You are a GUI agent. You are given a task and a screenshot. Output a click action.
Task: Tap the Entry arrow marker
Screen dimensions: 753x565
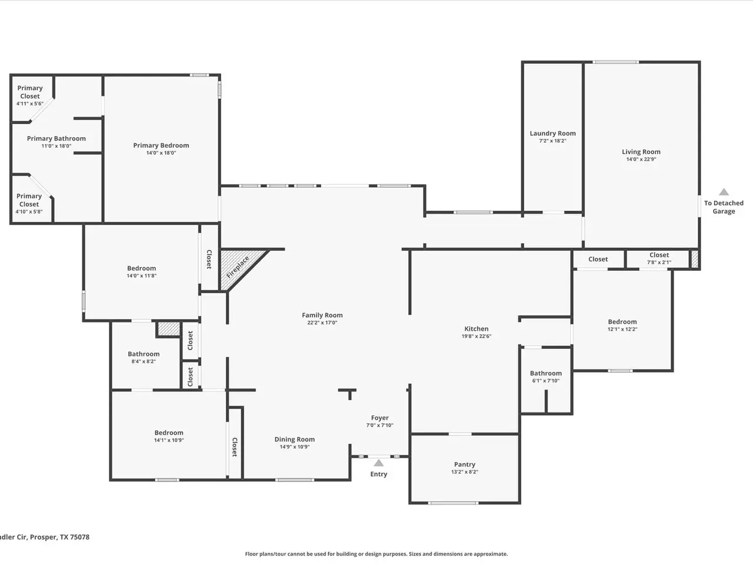point(378,463)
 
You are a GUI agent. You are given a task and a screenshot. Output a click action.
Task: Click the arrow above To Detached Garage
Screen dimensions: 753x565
point(724,192)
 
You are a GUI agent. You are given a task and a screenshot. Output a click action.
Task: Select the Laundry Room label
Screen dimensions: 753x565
point(552,133)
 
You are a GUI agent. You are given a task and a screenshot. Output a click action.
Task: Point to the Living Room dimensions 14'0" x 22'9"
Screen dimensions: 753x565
point(641,159)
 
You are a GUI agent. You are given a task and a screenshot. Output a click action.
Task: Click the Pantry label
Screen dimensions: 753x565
point(465,464)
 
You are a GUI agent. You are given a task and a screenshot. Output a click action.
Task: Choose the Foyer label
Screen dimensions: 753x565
point(380,417)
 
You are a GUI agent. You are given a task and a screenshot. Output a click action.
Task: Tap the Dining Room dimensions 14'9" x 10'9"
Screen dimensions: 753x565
point(295,447)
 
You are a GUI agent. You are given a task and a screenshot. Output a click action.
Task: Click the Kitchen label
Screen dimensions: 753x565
point(477,328)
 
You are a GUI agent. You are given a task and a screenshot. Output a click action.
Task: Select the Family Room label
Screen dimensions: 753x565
point(322,315)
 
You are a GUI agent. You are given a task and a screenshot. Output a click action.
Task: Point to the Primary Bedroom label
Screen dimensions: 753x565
point(161,145)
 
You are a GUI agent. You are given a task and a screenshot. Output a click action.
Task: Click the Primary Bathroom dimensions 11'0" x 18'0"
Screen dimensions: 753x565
point(56,146)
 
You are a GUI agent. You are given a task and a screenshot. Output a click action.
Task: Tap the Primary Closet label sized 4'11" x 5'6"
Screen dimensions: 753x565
point(30,92)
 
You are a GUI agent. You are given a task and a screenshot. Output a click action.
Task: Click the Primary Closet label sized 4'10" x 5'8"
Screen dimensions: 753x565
point(29,200)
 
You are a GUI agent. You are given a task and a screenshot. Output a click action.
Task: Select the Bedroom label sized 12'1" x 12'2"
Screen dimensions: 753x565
point(622,321)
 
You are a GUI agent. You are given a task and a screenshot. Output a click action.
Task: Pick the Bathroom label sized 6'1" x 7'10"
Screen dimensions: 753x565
point(546,373)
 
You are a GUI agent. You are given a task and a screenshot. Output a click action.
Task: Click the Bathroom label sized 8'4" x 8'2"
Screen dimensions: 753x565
point(144,354)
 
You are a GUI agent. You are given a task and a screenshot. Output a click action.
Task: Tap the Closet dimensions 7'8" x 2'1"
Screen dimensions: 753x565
point(659,262)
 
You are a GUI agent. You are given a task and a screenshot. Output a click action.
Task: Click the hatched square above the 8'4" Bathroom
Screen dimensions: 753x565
point(168,328)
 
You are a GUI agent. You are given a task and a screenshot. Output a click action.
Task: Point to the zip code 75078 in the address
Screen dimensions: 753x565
point(79,537)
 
